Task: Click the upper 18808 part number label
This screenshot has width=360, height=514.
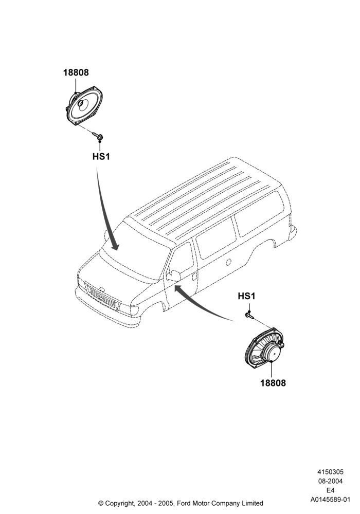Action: click(x=76, y=72)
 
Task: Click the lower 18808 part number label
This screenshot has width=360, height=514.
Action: click(x=273, y=383)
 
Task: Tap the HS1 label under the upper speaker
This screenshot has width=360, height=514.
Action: click(x=101, y=157)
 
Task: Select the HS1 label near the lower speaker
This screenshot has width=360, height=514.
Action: click(x=246, y=297)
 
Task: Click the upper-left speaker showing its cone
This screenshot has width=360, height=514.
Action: click(x=84, y=106)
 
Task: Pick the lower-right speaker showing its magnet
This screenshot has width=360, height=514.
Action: click(x=264, y=350)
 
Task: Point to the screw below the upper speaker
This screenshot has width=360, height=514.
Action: click(x=99, y=136)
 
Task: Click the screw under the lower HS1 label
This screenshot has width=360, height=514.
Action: click(x=250, y=316)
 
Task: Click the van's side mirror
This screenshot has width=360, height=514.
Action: click(x=173, y=276)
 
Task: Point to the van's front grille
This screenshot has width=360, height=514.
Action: click(x=102, y=297)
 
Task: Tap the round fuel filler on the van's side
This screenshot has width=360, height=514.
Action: click(x=228, y=262)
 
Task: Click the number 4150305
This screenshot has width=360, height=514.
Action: click(x=330, y=472)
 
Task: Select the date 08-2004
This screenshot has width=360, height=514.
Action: click(x=330, y=481)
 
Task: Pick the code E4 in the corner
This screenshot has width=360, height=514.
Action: click(x=330, y=490)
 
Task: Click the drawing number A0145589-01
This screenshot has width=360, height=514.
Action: click(x=330, y=500)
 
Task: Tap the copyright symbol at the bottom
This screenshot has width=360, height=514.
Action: click(x=101, y=503)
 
